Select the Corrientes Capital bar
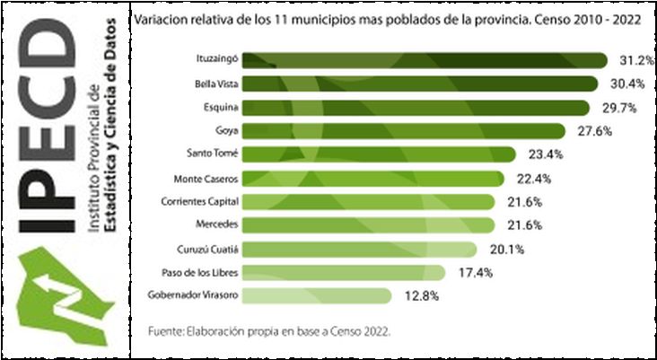[368, 201]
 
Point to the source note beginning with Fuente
[269, 331]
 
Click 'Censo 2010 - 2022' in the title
[597, 18]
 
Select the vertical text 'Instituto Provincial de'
[93, 162]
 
